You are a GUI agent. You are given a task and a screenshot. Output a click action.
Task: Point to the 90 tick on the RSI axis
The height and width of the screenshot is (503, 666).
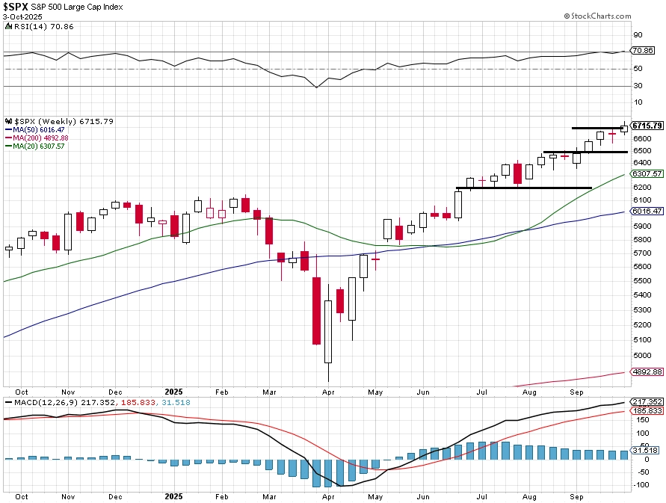[x=638, y=34]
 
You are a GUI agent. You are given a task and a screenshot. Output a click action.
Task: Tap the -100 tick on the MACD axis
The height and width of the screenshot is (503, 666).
[x=641, y=485]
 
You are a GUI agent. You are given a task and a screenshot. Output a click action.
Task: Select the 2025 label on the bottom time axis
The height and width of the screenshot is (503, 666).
[x=173, y=391]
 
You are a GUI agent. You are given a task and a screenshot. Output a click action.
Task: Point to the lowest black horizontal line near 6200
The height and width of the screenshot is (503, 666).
[x=523, y=188]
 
